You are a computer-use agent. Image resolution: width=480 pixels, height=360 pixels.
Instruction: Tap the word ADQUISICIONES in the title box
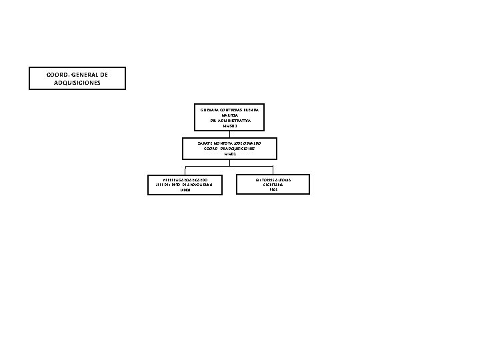[x=77, y=83]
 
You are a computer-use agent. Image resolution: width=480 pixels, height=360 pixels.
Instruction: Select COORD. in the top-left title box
[x=58, y=74]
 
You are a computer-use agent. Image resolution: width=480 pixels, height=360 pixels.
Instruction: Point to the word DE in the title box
[x=103, y=74]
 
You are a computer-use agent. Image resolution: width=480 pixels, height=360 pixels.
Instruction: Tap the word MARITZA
[x=230, y=115]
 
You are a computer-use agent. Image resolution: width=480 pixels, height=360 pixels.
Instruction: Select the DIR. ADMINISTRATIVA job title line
[x=230, y=120]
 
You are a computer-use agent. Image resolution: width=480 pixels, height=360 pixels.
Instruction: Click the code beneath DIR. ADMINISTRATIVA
[x=230, y=125]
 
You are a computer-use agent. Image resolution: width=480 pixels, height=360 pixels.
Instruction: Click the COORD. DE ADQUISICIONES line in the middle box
[x=230, y=148]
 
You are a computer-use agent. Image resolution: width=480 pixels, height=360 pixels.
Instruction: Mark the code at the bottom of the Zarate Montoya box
[x=230, y=154]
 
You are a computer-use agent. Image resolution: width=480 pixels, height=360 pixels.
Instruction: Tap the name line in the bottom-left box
[x=185, y=179]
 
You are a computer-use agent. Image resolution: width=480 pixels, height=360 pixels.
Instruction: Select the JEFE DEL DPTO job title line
[x=185, y=185]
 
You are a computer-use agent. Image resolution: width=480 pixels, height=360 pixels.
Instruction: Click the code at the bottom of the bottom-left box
[x=185, y=190]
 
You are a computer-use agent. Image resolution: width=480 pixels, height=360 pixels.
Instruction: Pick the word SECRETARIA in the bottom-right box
[x=273, y=185]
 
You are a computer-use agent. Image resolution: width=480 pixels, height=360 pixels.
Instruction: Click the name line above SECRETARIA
[x=273, y=179]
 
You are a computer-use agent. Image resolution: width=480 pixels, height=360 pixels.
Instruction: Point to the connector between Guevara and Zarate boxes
[x=230, y=133]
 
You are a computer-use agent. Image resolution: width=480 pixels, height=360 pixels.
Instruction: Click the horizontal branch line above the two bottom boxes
[x=229, y=165]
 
